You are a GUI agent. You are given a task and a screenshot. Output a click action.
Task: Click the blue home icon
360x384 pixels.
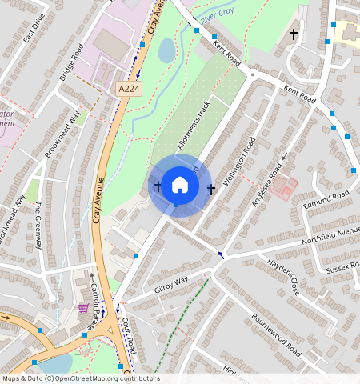pyautogui.click(x=180, y=186)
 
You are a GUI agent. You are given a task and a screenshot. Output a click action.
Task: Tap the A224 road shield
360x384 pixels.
pyautogui.click(x=129, y=89)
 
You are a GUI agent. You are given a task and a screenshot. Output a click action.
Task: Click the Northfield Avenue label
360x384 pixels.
pyautogui.click(x=330, y=238)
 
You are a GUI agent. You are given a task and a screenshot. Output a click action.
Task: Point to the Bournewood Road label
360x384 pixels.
pyautogui.click(x=276, y=329)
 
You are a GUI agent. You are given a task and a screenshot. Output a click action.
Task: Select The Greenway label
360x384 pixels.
pyautogui.click(x=38, y=225)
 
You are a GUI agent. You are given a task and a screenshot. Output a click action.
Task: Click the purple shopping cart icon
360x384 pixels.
pyautogui.click(x=83, y=307)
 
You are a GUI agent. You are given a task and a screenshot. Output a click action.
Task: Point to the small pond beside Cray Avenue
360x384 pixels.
pyautogui.click(x=166, y=50)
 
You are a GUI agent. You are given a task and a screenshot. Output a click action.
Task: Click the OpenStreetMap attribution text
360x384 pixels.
pyautogui.click(x=81, y=378)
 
